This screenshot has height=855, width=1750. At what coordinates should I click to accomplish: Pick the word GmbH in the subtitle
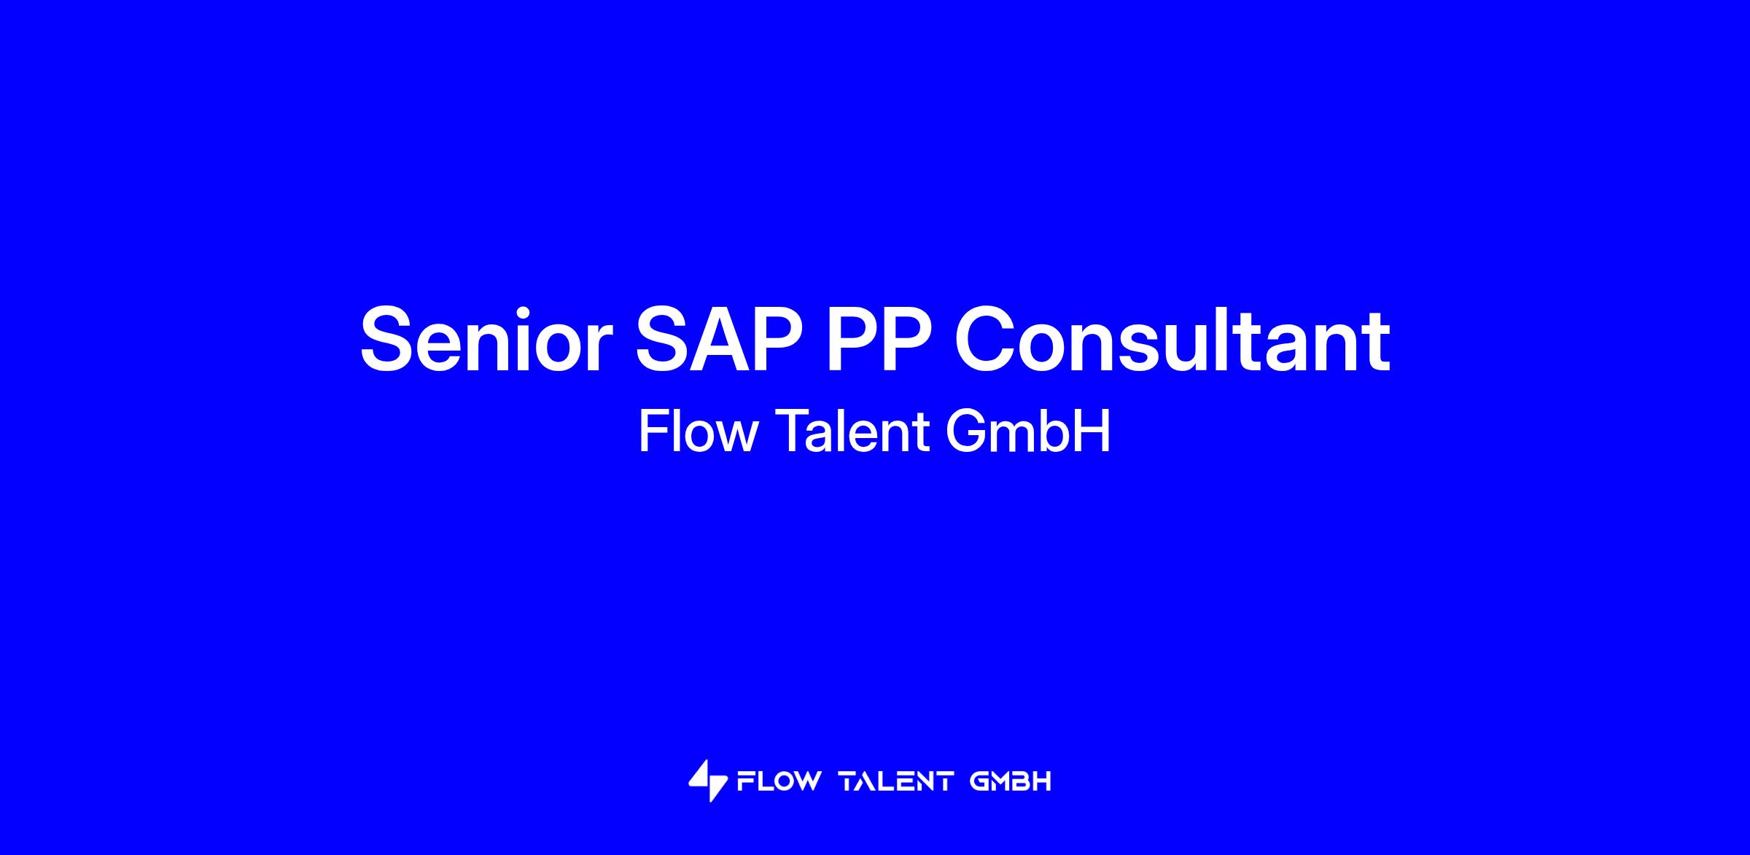1028,432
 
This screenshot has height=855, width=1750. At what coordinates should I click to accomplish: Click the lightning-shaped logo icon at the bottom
707,781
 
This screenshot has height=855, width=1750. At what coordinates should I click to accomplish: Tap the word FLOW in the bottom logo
778,782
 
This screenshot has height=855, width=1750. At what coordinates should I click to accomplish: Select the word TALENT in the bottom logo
896,782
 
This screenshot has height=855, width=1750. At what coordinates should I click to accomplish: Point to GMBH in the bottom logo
1011,782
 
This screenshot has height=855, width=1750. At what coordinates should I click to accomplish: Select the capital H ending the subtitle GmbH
1093,432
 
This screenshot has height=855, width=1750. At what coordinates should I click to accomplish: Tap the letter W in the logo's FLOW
805,782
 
